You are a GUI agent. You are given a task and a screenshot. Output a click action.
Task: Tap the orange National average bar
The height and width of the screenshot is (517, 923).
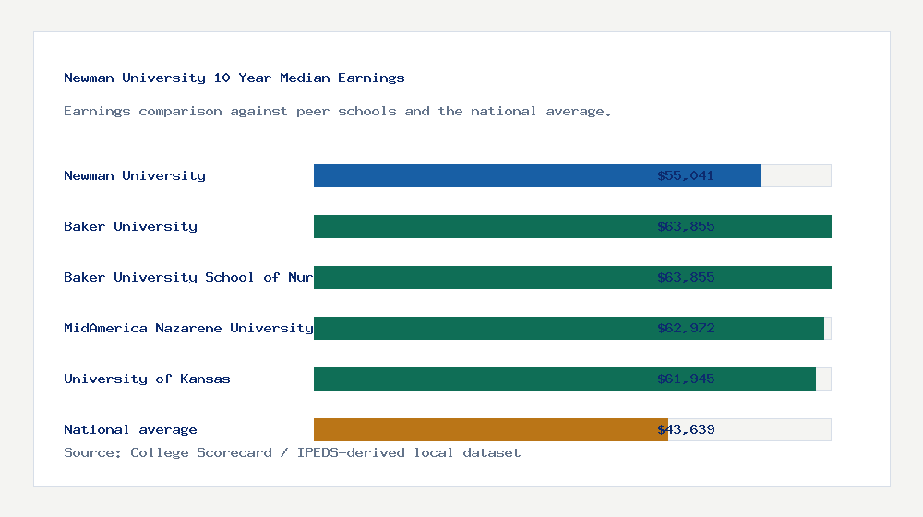489,429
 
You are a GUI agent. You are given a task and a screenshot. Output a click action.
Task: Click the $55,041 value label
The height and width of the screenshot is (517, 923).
686,175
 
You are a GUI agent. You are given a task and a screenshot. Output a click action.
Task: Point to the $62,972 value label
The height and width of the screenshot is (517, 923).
686,328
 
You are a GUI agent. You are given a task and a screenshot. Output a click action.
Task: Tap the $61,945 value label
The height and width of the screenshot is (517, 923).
686,379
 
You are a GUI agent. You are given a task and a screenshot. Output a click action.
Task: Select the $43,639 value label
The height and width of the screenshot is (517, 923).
686,429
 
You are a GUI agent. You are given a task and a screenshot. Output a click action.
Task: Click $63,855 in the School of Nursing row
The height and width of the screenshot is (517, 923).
686,277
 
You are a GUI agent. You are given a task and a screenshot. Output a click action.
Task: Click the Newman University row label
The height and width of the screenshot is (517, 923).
135,175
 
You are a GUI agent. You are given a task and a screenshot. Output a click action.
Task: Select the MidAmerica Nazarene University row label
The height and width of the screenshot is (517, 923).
188,328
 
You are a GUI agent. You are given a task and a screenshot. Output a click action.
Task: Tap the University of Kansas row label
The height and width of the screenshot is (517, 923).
147,379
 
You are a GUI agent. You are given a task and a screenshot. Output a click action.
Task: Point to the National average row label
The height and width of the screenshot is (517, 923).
130,429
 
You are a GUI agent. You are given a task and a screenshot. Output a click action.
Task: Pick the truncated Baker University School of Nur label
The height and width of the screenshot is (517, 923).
188,277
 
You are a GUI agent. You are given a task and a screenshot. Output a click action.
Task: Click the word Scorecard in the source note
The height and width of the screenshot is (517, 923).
234,452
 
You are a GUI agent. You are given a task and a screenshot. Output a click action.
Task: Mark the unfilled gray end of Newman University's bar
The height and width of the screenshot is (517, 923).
796,175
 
